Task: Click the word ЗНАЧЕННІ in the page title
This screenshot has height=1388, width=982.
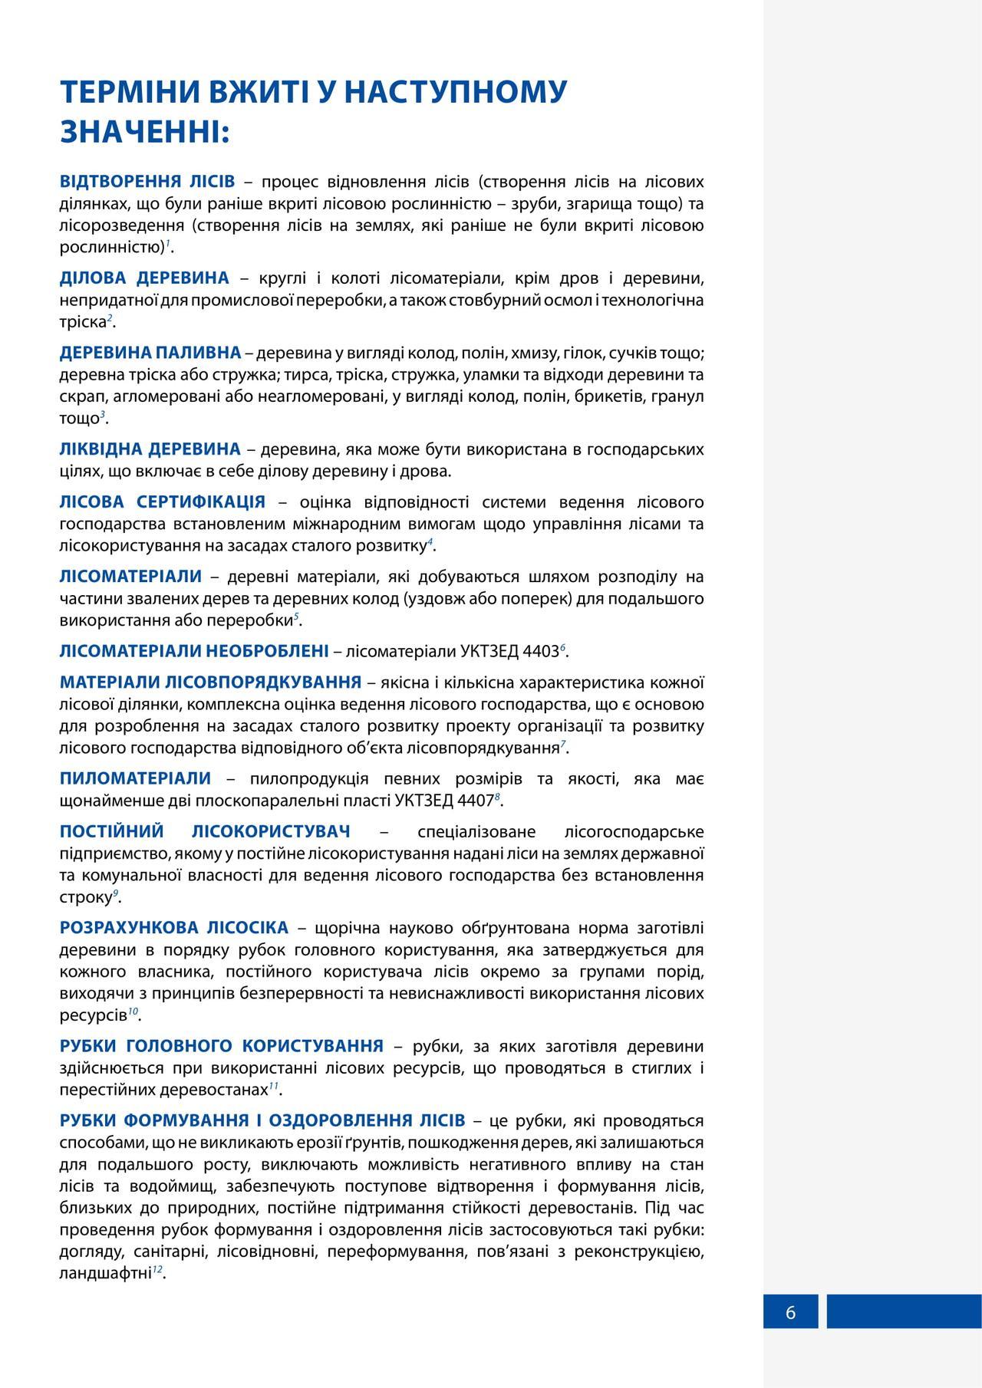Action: [x=144, y=131]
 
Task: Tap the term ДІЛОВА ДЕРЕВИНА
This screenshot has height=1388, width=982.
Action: [x=144, y=278]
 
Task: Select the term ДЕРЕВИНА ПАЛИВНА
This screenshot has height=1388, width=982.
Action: [x=150, y=353]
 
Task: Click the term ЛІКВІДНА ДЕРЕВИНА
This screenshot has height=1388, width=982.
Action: [x=150, y=449]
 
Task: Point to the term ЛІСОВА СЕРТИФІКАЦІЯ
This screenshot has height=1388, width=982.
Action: [x=163, y=502]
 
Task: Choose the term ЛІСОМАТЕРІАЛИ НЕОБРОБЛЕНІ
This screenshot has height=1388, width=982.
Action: [x=194, y=652]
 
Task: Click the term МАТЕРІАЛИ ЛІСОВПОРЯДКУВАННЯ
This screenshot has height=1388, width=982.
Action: [x=210, y=682]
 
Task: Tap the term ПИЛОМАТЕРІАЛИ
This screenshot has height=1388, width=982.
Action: [x=135, y=778]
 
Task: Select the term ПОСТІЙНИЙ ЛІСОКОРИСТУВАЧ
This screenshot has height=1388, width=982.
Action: [x=205, y=832]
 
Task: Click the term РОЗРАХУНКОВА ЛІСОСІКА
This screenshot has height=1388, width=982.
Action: [x=174, y=928]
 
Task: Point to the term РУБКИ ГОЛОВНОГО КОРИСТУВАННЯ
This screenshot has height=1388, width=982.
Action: [x=222, y=1046]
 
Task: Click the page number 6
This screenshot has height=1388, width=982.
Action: [x=790, y=1312]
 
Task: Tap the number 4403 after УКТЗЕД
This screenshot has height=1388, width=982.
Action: [x=539, y=652]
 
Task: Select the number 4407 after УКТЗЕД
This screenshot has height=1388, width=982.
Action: [x=474, y=801]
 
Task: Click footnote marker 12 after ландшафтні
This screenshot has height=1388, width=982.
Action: [x=157, y=1270]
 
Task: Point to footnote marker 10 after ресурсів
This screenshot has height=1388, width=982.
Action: [x=133, y=1011]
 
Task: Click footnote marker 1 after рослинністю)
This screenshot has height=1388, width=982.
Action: [x=168, y=244]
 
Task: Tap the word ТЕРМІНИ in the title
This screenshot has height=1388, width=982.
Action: [x=123, y=91]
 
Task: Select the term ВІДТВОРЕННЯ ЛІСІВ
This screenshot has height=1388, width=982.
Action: [x=147, y=182]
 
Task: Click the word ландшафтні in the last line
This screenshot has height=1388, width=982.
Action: [x=104, y=1274]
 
